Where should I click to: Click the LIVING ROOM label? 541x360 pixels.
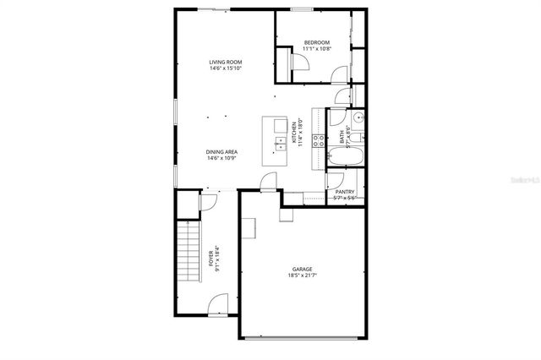(x=227, y=62)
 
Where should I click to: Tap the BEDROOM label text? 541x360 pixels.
(x=317, y=42)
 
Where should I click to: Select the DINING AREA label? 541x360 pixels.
(x=221, y=152)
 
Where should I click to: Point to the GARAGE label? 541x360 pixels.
(x=302, y=269)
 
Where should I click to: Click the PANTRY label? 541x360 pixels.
(x=345, y=192)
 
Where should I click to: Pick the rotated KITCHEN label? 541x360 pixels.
(x=293, y=134)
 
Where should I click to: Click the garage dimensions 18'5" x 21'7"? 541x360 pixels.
(x=302, y=275)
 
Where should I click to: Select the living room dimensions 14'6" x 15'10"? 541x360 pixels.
(x=227, y=68)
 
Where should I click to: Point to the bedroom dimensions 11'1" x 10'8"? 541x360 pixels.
(x=317, y=49)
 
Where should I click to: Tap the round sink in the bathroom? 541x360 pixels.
(x=358, y=117)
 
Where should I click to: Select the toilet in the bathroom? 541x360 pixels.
(x=358, y=134)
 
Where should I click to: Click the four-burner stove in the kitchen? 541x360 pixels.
(x=320, y=141)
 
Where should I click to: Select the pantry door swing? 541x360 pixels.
(x=335, y=179)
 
